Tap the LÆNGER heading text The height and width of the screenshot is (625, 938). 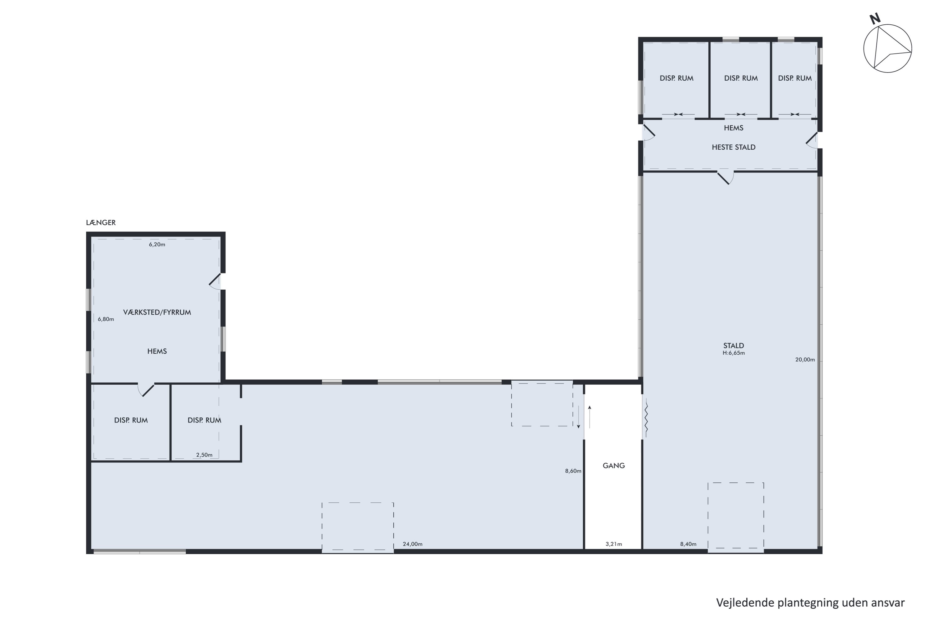(x=101, y=223)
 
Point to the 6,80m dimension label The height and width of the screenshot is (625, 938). (x=106, y=319)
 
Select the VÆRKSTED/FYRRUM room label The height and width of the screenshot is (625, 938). (x=157, y=312)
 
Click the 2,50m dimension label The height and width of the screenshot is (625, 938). (x=204, y=455)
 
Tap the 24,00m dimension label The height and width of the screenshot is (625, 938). (x=413, y=544)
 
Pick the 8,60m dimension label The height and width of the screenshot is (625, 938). (x=573, y=471)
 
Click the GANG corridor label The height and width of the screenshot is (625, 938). (x=614, y=466)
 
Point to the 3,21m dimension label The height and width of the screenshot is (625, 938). (x=614, y=544)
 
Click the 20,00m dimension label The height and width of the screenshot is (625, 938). (x=805, y=360)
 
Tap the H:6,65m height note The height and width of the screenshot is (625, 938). (x=734, y=353)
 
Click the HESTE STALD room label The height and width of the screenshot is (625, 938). (x=734, y=147)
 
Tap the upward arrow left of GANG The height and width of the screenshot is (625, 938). (x=589, y=417)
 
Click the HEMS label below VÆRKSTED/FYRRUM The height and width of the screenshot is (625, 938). (x=157, y=352)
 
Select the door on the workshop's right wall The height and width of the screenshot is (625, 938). (x=215, y=282)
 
